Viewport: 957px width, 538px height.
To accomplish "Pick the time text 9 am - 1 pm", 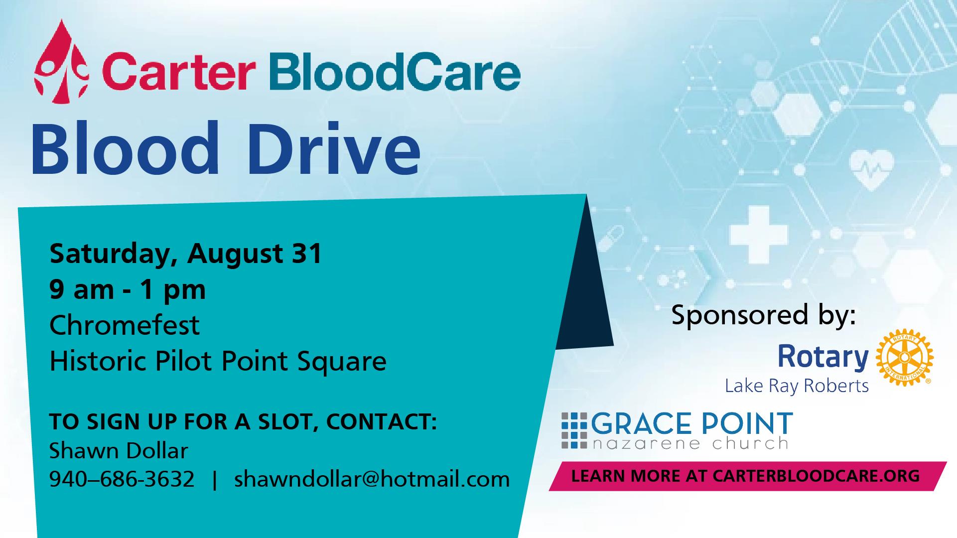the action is pyautogui.click(x=128, y=290).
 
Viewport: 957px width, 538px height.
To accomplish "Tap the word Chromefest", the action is pyautogui.click(x=125, y=325).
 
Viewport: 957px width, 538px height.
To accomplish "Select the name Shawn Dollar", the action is pyautogui.click(x=119, y=451).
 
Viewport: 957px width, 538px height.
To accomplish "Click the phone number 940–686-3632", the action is pyautogui.click(x=122, y=479).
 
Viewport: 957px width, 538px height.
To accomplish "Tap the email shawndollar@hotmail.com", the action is pyautogui.click(x=372, y=479).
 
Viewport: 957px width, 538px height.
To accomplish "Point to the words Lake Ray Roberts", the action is pyautogui.click(x=797, y=386).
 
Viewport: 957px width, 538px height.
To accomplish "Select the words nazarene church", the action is pyautogui.click(x=689, y=443).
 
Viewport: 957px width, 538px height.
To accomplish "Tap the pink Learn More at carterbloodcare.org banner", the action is pyautogui.click(x=747, y=476).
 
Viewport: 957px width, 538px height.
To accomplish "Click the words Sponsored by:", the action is pyautogui.click(x=764, y=315).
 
